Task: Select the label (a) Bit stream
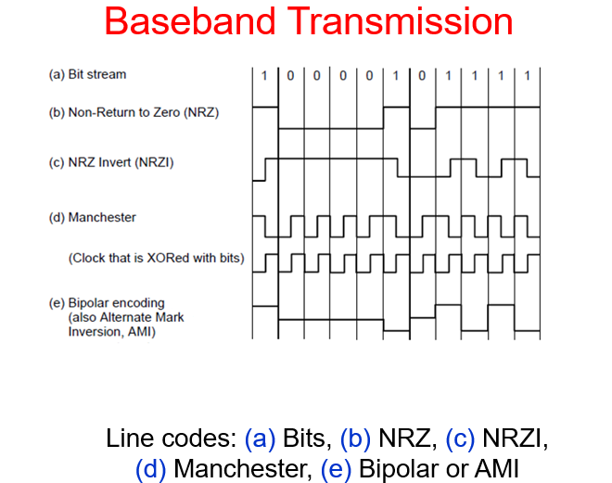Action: [x=87, y=74]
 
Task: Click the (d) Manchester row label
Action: [x=92, y=218]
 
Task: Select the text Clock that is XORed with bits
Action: [x=156, y=258]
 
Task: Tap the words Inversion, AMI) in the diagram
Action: [x=111, y=330]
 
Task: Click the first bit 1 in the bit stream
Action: [x=264, y=75]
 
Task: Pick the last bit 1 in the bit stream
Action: [x=527, y=75]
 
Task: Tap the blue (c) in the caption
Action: [x=462, y=438]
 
